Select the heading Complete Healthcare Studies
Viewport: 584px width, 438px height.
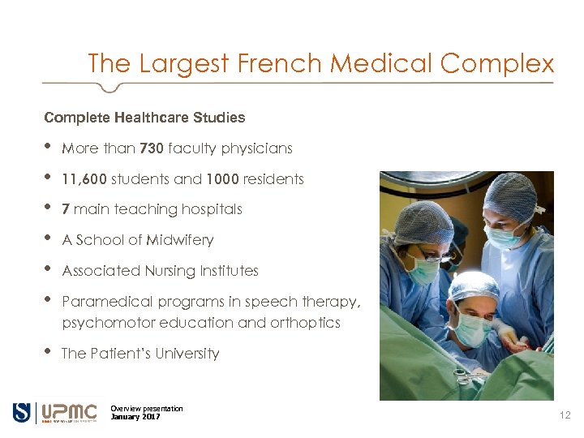pyautogui.click(x=144, y=118)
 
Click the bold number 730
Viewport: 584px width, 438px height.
pyautogui.click(x=152, y=148)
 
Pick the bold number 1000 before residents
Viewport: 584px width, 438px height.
pyautogui.click(x=222, y=179)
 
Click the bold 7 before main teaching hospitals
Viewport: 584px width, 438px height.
pyautogui.click(x=66, y=209)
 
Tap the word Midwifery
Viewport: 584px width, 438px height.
pyautogui.click(x=180, y=240)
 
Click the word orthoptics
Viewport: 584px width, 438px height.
pyautogui.click(x=307, y=323)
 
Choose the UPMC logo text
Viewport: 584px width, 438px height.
pyautogui.click(x=69, y=412)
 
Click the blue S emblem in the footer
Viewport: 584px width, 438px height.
pyautogui.click(x=22, y=412)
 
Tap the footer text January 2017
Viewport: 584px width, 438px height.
pyautogui.click(x=135, y=417)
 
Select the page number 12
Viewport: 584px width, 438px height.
pyautogui.click(x=565, y=415)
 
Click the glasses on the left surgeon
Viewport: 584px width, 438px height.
pyautogui.click(x=435, y=257)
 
